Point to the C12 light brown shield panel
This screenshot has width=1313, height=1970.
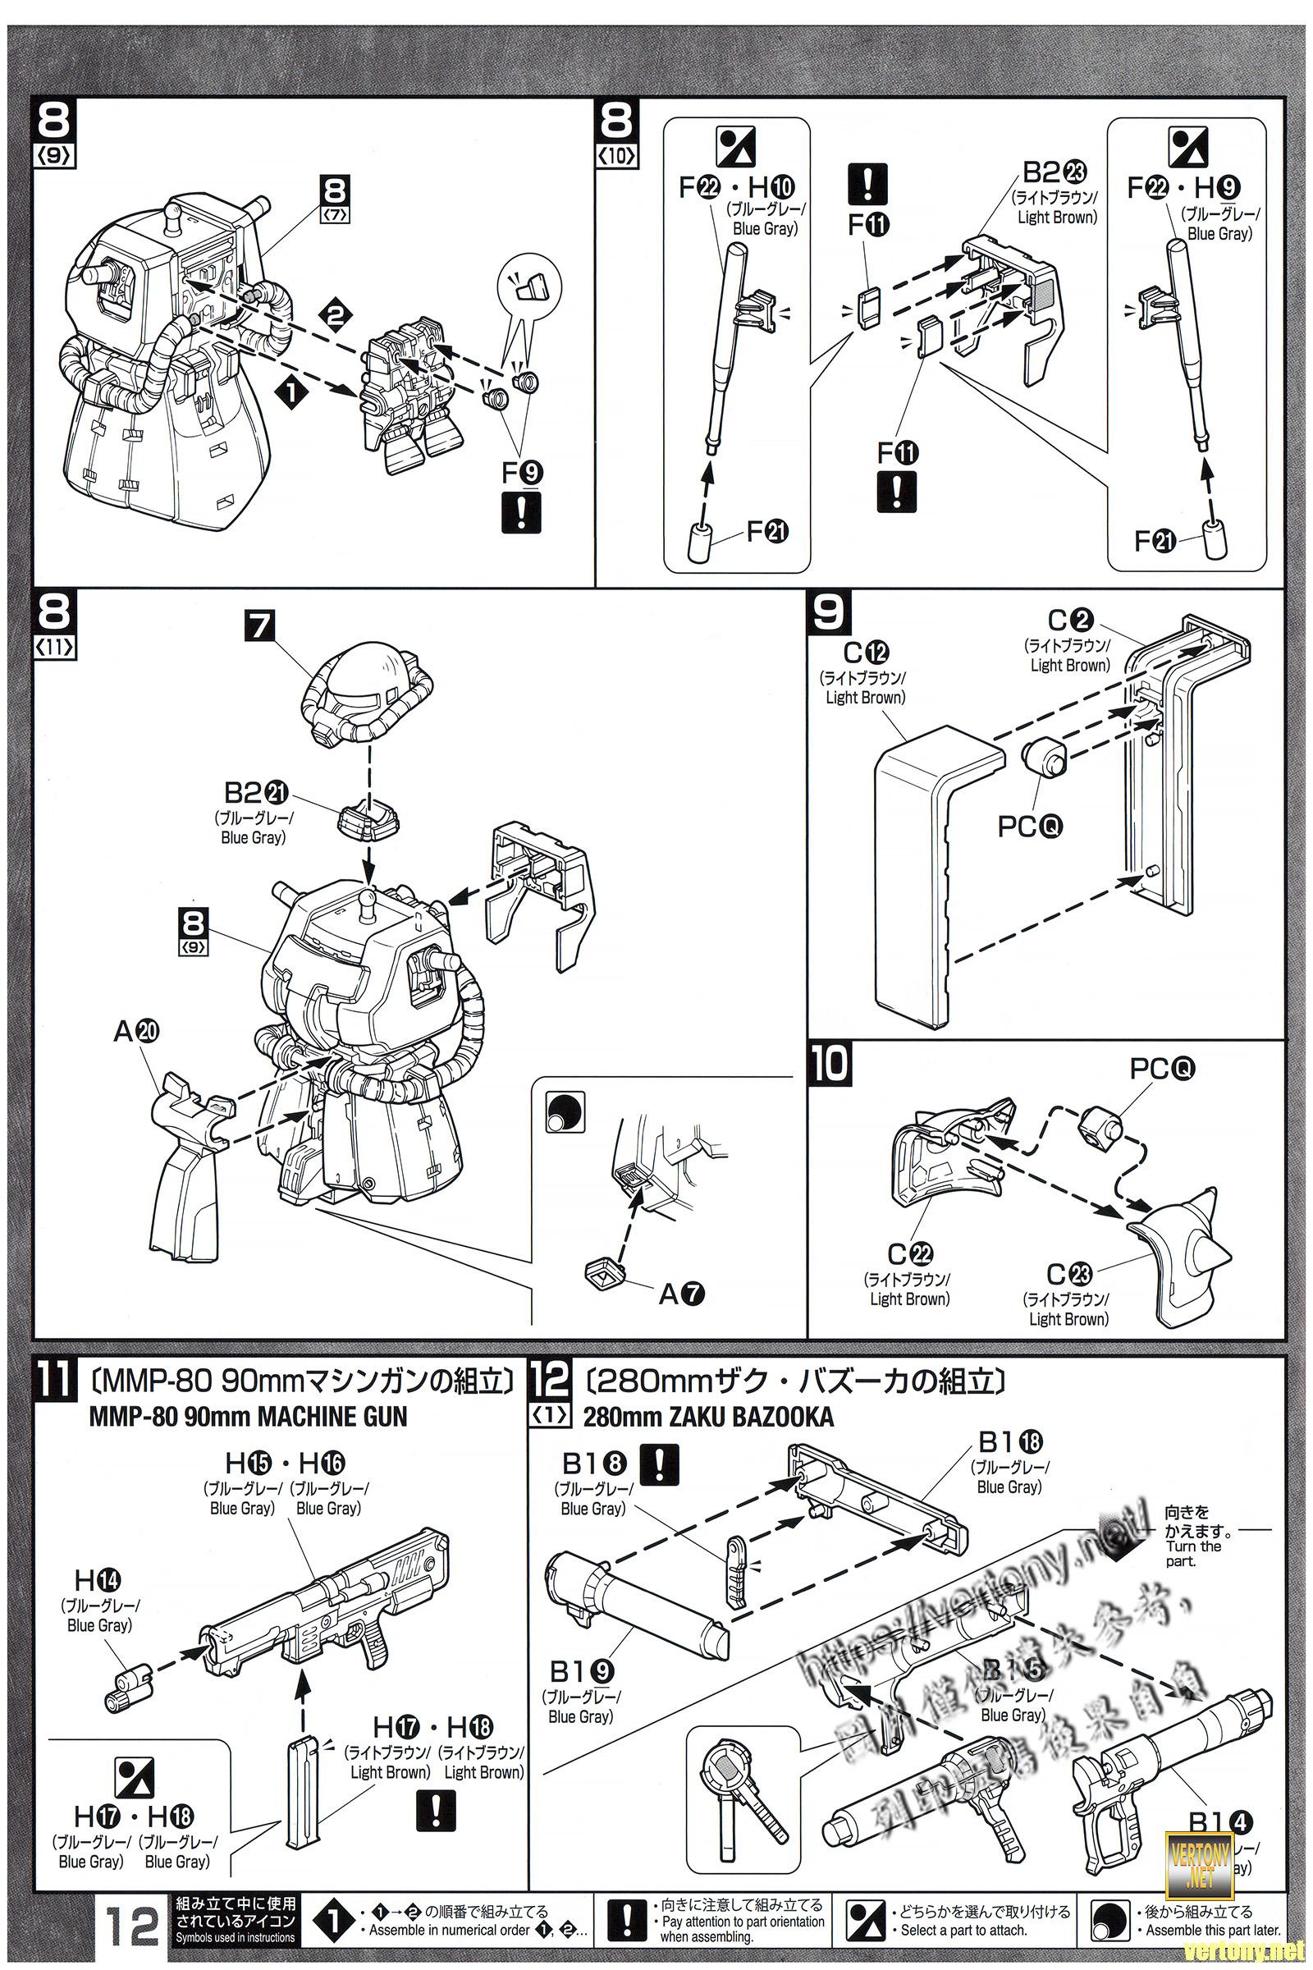pos(930,871)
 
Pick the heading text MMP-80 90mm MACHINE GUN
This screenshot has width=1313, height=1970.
pos(247,1417)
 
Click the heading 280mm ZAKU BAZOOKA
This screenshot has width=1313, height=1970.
pos(708,1417)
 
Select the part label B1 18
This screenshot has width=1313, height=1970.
pos(1011,1442)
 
